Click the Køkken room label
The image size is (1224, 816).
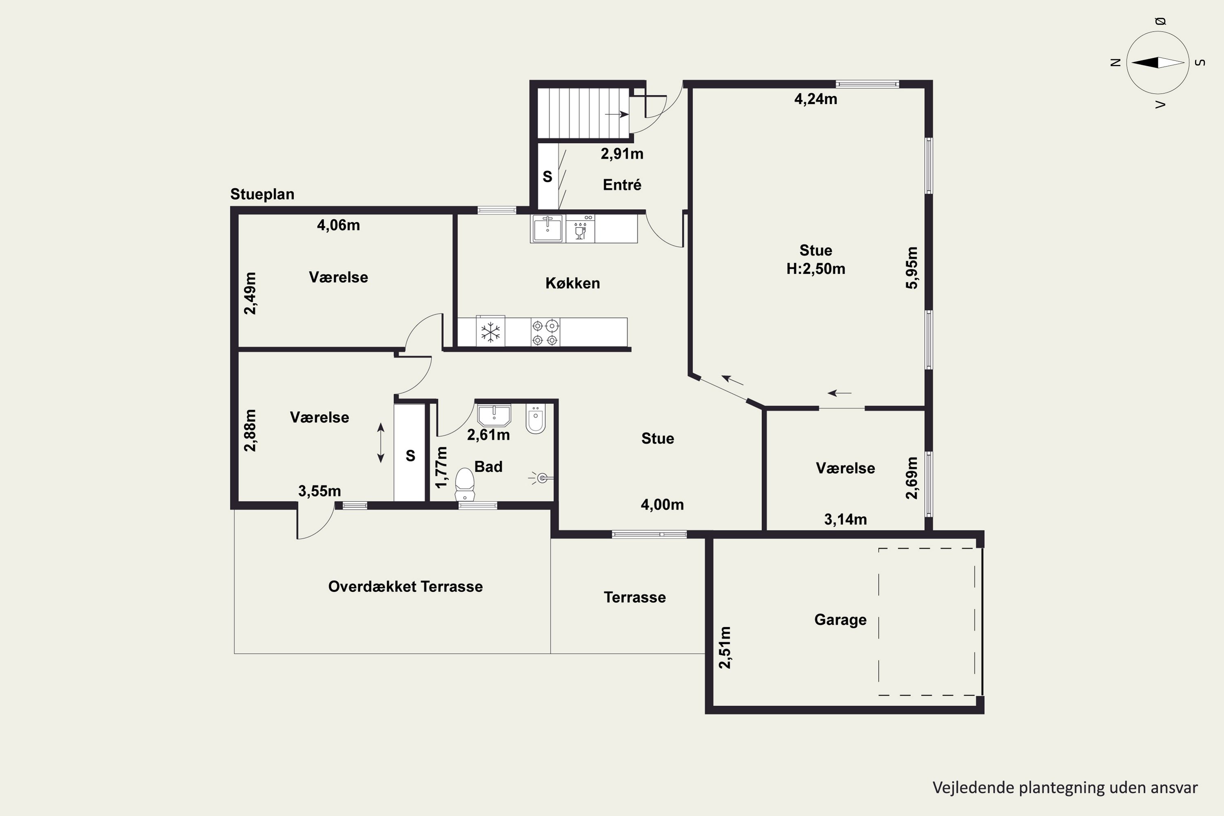pos(572,283)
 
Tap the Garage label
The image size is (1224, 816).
pos(840,620)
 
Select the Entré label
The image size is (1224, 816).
pos(622,185)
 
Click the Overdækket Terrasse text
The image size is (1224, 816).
pos(406,587)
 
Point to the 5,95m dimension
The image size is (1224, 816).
pos(912,268)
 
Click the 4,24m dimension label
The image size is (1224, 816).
pos(816,99)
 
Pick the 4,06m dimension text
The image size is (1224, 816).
pos(338,225)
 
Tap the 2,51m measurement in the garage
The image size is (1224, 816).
pos(725,647)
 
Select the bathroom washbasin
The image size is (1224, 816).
pos(494,415)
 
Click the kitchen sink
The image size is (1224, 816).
pos(548,229)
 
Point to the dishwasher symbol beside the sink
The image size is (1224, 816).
pos(580,229)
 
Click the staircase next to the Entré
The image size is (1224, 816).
pos(583,113)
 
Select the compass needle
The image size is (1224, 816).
pos(1158,62)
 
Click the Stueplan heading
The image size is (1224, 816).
pos(262,194)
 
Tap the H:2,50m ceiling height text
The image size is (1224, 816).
pos(816,269)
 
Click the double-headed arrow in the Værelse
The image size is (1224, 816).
pos(381,443)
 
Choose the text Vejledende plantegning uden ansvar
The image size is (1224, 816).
pos(1065,788)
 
